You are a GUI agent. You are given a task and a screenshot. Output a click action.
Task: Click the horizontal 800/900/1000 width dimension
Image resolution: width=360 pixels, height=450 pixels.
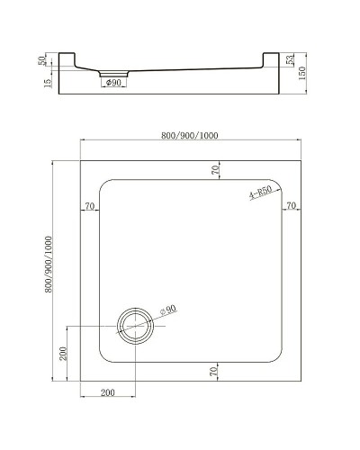click(191, 135)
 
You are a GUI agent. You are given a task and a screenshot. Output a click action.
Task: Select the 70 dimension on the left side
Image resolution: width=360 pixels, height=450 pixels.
click(89, 207)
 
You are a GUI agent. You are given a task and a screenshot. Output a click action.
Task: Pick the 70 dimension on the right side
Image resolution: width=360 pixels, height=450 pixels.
click(291, 207)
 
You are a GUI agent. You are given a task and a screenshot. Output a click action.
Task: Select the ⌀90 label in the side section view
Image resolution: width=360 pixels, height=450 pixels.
click(113, 84)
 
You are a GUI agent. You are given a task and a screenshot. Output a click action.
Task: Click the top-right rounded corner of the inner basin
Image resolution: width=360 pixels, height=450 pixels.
click(274, 188)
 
